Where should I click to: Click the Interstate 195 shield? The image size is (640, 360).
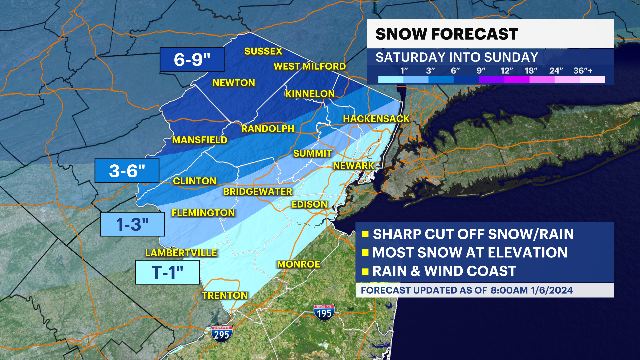pyautogui.click(x=324, y=313)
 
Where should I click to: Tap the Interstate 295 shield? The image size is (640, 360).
pyautogui.click(x=222, y=334)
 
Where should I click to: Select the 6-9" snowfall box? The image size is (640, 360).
pyautogui.click(x=192, y=60)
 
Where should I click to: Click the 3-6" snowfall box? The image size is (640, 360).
pyautogui.click(x=127, y=171)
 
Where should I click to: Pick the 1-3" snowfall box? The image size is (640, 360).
pyautogui.click(x=133, y=224)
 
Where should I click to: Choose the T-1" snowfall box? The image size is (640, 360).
pyautogui.click(x=167, y=272)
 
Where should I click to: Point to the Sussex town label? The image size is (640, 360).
pyautogui.click(x=263, y=51)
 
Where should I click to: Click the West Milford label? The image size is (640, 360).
pyautogui.click(x=309, y=66)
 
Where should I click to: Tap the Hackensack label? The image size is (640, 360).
pyautogui.click(x=376, y=119)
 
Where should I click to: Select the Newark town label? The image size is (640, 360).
pyautogui.click(x=354, y=166)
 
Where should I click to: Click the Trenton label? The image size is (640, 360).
pyautogui.click(x=225, y=295)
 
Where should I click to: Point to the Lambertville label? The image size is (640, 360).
pyautogui.click(x=181, y=253)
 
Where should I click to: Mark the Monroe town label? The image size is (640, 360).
pyautogui.click(x=298, y=264)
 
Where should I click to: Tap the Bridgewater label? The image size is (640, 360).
pyautogui.click(x=258, y=192)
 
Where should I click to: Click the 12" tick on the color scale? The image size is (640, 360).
pyautogui.click(x=506, y=71)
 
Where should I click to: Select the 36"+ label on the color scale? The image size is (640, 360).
pyautogui.click(x=583, y=71)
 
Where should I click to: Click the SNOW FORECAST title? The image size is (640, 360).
pyautogui.click(x=447, y=34)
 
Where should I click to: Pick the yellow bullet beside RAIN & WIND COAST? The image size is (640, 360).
pyautogui.click(x=365, y=271)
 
